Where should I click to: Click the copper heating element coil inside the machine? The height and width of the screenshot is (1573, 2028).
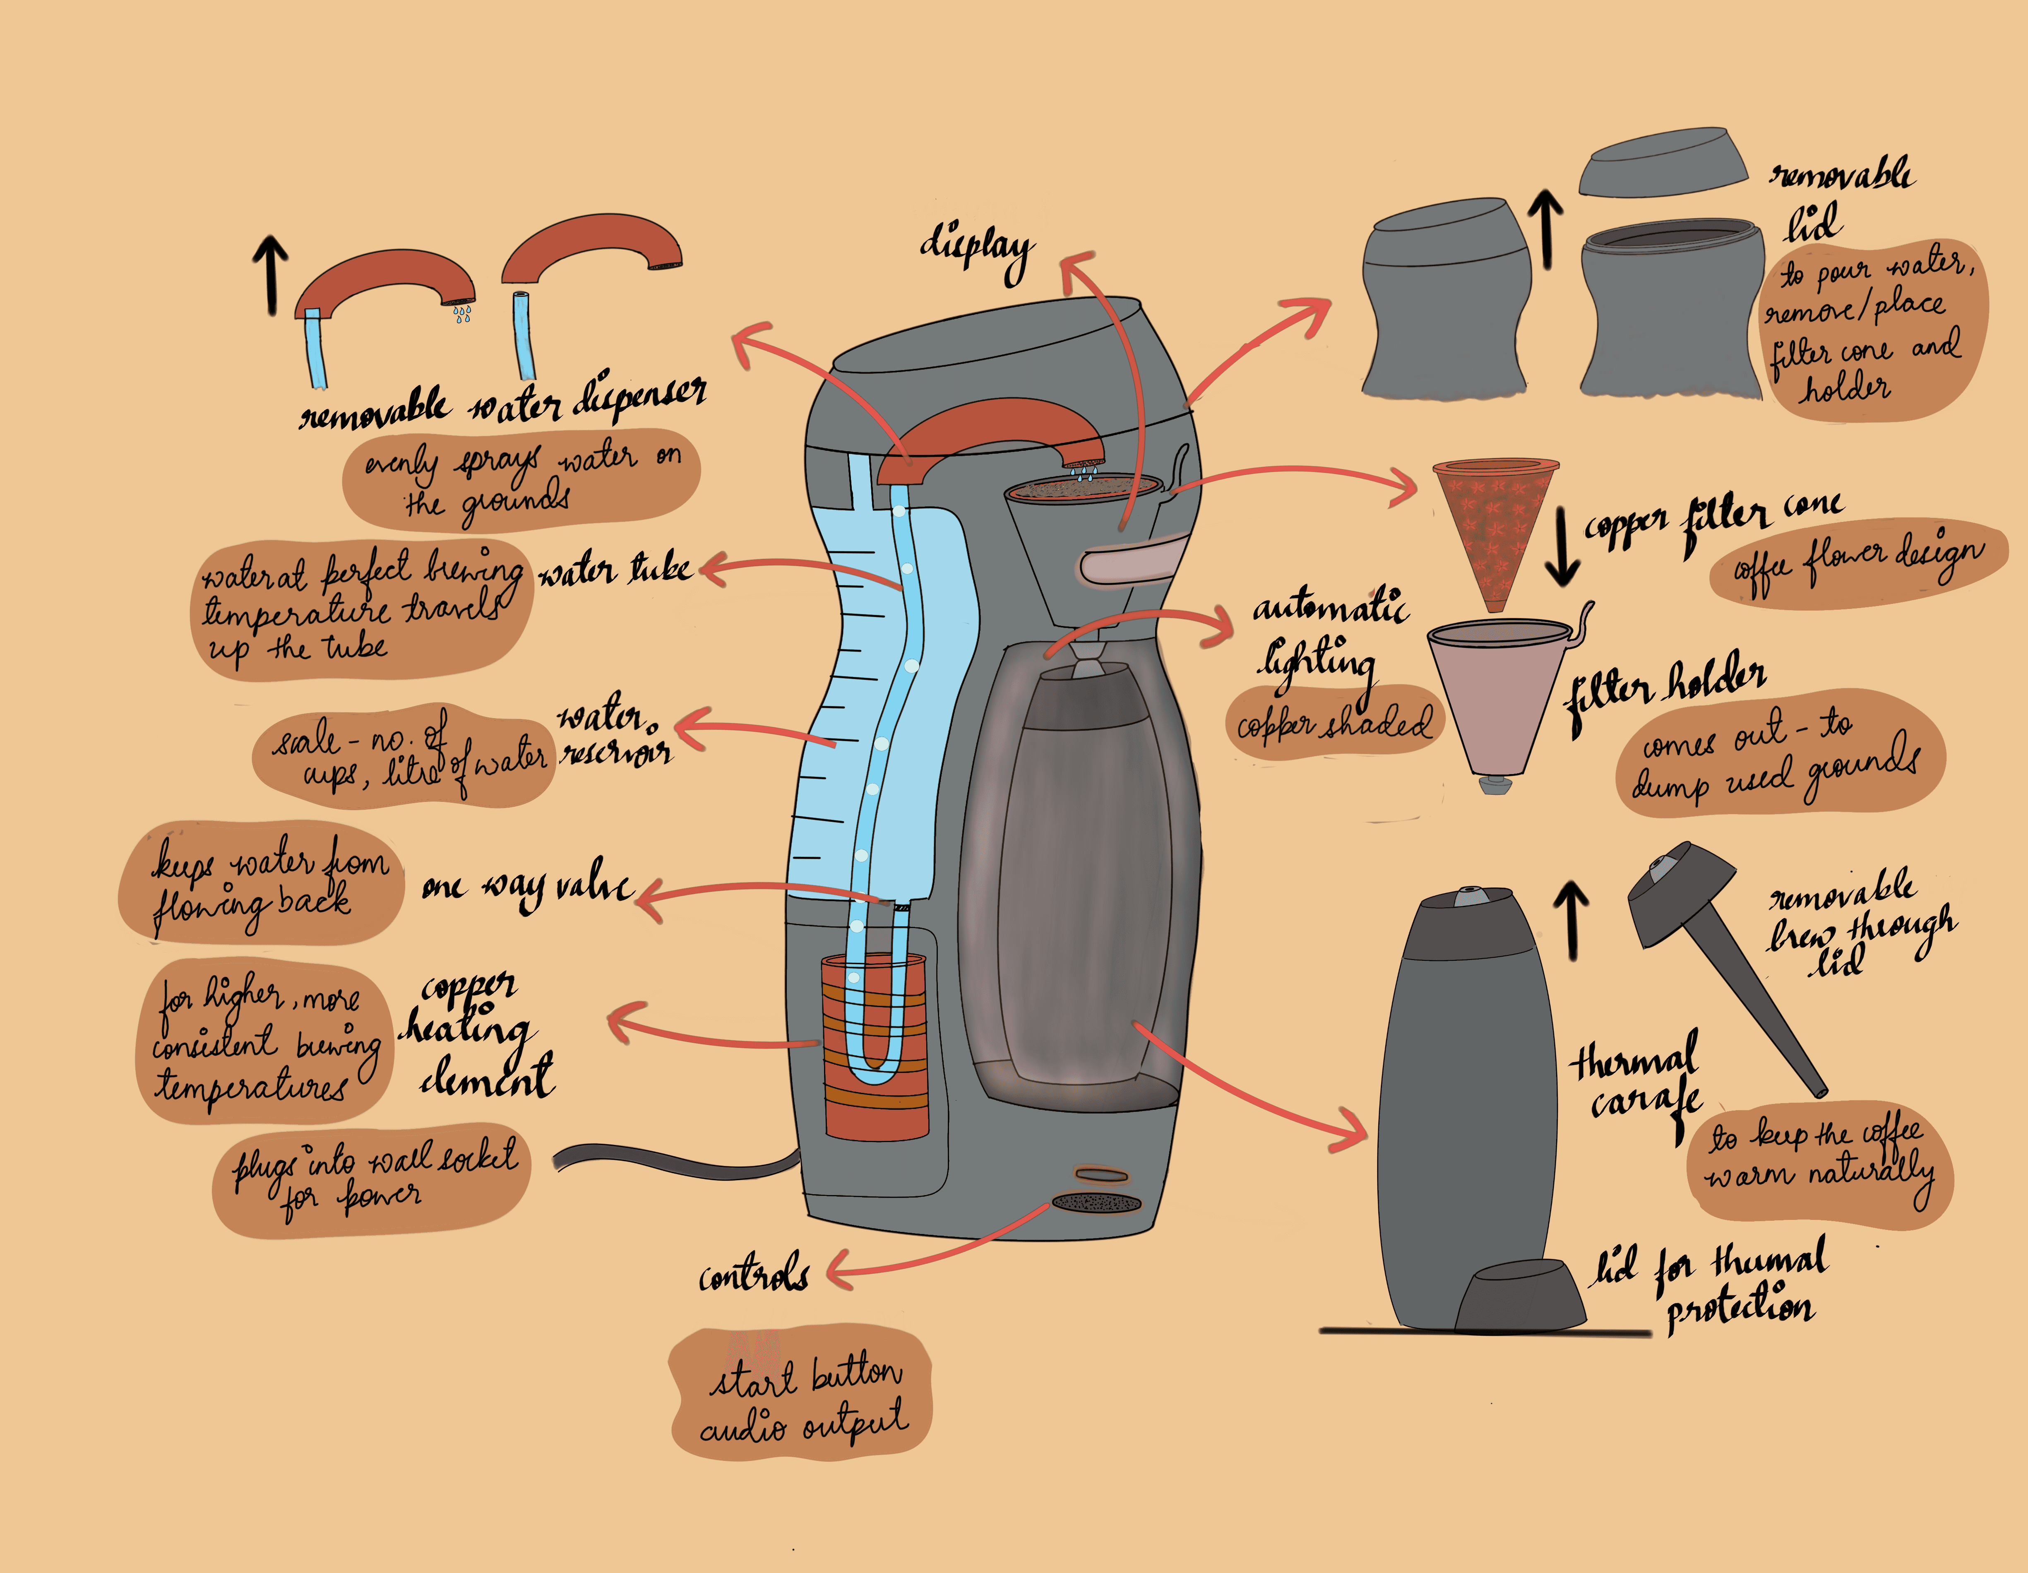[875, 1049]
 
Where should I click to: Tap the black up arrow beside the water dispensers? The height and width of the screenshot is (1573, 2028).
[271, 274]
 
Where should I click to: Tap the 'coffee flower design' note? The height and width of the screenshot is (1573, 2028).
[1857, 562]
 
